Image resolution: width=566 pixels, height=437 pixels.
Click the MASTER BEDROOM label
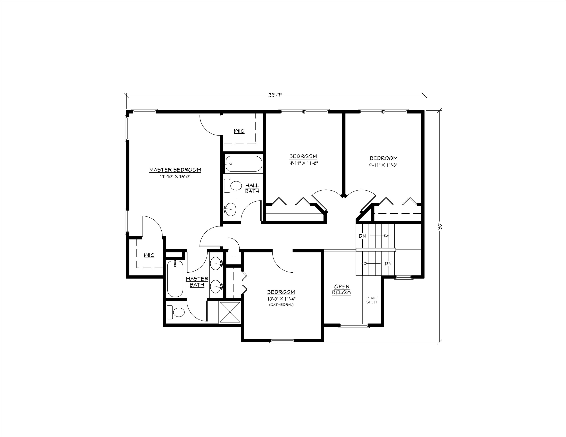tap(175, 170)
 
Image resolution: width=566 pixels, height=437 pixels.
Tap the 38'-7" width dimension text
tap(275, 95)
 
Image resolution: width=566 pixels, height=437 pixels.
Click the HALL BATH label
tap(252, 188)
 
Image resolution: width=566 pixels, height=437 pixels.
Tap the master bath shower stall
tap(230, 313)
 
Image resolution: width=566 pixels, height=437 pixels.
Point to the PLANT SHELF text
tap(372, 300)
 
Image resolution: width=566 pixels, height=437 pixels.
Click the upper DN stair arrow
tap(379, 236)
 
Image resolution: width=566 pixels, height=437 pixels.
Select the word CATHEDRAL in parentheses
tap(281, 305)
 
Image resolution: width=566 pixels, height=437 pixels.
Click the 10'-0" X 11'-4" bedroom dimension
tap(281, 299)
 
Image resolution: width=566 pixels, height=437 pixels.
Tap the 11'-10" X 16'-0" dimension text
tap(175, 177)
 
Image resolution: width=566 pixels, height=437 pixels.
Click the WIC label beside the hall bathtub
tap(239, 131)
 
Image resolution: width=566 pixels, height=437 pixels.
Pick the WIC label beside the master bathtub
tap(149, 255)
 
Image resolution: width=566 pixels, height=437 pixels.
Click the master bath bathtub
tap(175, 278)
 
